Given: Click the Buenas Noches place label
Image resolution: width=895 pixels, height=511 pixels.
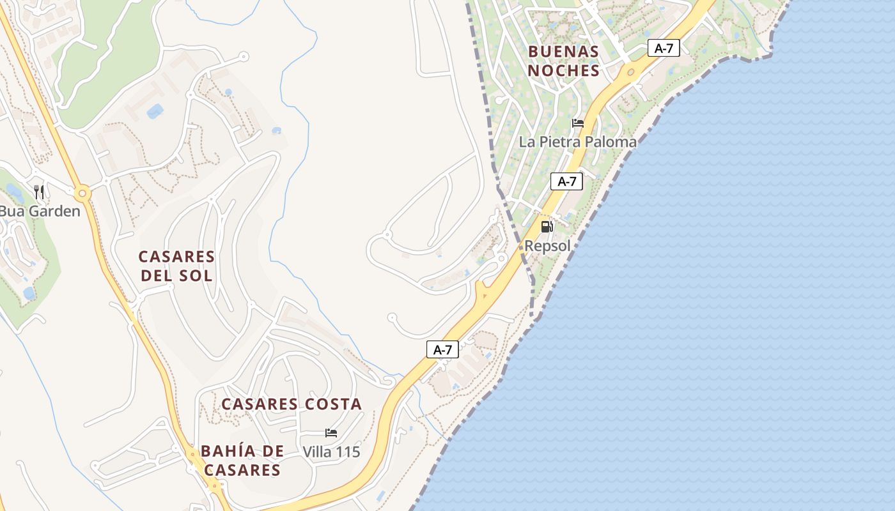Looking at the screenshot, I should tap(563, 61).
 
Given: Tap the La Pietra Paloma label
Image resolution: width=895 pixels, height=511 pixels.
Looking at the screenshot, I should tap(577, 142).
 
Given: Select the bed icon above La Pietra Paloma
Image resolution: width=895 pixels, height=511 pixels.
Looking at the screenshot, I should tap(578, 123).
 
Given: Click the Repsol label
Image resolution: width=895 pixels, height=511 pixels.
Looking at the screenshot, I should tap(547, 246).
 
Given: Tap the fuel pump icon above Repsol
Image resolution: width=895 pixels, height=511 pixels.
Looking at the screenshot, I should tap(547, 226).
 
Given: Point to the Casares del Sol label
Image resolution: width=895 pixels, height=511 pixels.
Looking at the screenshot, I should tap(176, 266).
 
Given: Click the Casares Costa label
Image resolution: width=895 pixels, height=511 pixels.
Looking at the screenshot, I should tap(292, 404).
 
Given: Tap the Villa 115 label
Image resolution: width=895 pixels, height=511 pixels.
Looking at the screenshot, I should tap(331, 452).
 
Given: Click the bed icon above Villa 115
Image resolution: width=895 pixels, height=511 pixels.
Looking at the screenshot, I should tap(331, 433).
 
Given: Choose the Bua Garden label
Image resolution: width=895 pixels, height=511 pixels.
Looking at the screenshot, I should tap(40, 211).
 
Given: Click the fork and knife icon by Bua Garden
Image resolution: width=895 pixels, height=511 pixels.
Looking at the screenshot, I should tap(39, 192).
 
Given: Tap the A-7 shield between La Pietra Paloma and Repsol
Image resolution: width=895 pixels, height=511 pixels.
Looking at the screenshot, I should tap(566, 181).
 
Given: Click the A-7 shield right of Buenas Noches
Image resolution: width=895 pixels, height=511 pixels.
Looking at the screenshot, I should tap(664, 48).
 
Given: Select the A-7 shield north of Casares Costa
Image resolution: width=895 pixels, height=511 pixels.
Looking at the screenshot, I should tap(442, 349).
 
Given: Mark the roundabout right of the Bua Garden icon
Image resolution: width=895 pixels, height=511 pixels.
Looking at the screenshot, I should tap(82, 193).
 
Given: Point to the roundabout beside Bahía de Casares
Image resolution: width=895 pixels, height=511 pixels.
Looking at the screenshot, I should tap(192, 454).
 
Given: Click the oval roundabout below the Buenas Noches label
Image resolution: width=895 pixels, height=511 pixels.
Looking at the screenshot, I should tap(632, 72).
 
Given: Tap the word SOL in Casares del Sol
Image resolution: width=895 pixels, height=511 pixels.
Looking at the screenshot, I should tap(197, 276).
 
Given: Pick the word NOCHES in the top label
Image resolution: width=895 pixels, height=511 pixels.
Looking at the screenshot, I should tap(563, 70).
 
